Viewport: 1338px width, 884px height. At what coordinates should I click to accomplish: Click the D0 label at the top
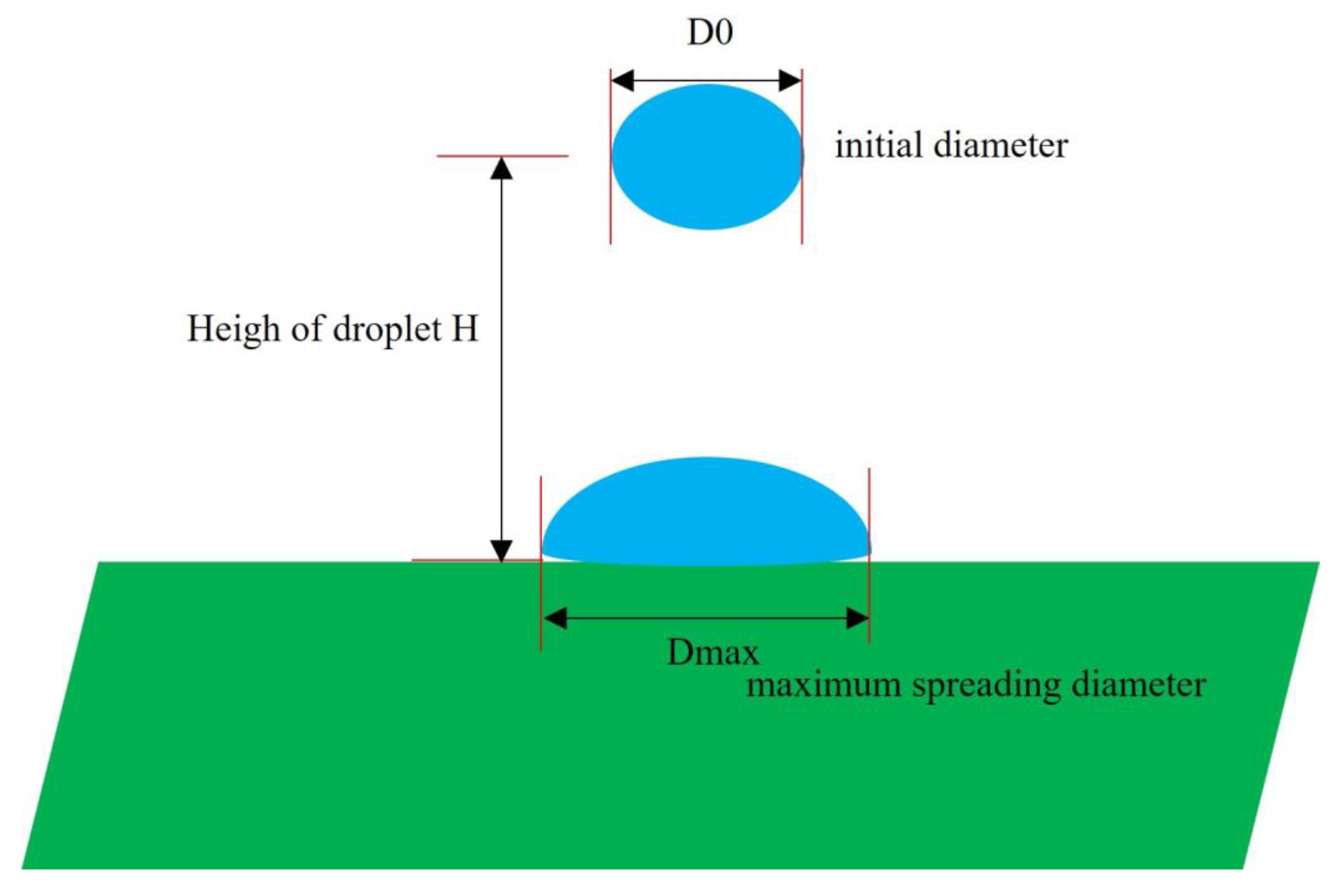click(x=710, y=33)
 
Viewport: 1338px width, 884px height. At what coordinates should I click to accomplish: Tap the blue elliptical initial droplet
click(x=707, y=157)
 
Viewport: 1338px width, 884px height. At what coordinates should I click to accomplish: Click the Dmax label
click(x=712, y=652)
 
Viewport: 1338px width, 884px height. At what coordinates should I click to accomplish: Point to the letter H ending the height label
click(x=465, y=328)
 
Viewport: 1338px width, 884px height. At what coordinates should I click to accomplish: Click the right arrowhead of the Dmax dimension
click(x=857, y=618)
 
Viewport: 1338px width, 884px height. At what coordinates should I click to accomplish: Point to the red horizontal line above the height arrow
click(x=502, y=156)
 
